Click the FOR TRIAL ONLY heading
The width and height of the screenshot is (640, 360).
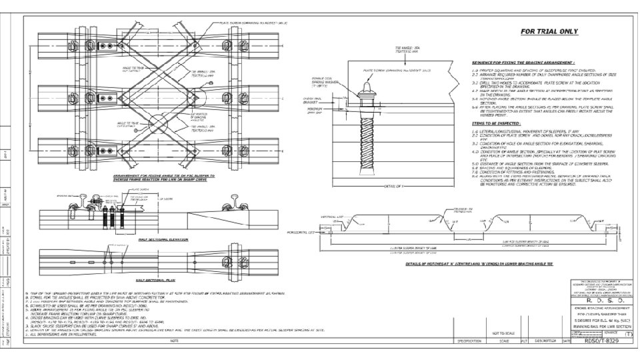549,31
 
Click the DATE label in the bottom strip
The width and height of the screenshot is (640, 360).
566,341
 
